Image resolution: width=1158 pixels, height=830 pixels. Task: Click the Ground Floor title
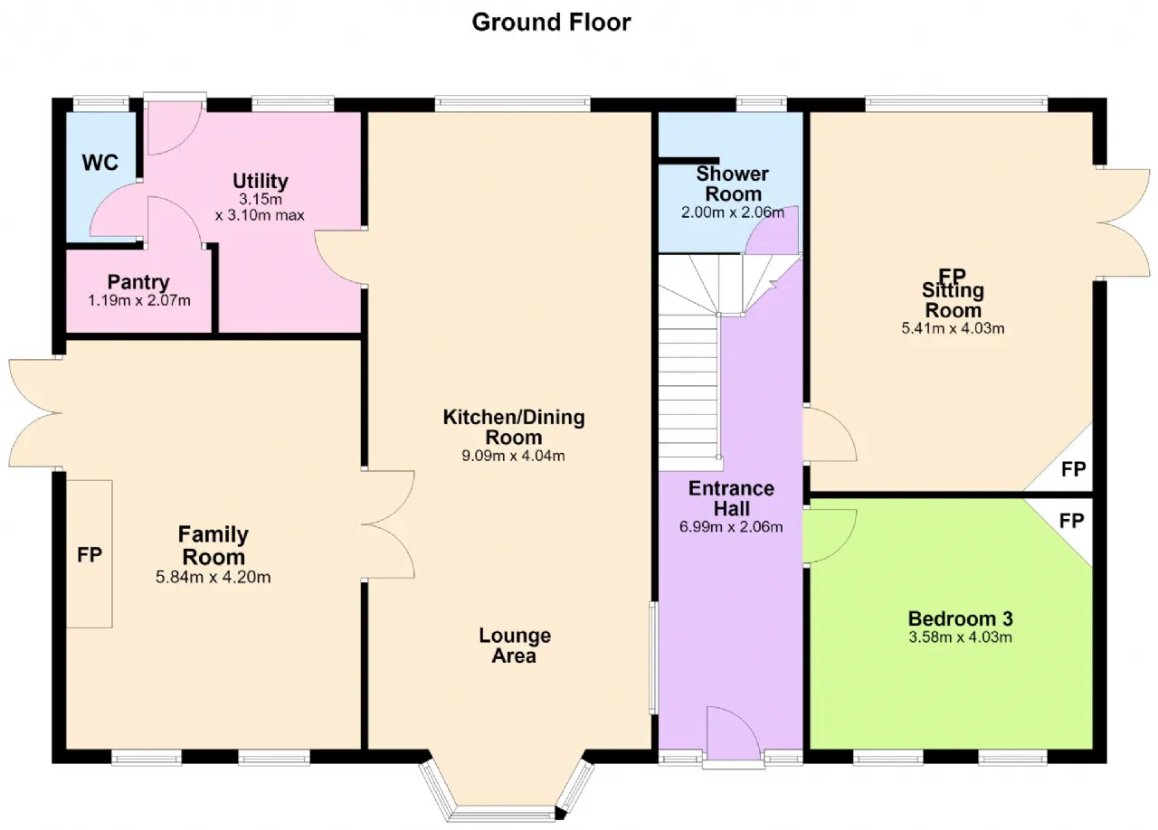[551, 23]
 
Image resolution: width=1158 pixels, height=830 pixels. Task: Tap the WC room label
[100, 163]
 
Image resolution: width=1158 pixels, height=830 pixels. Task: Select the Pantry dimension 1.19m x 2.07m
[139, 300]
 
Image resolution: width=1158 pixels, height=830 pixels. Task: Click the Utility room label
[260, 181]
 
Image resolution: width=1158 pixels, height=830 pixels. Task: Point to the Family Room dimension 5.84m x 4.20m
[213, 577]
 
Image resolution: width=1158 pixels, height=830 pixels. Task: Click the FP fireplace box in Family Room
[90, 554]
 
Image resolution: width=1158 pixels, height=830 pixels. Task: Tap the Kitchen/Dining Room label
[514, 427]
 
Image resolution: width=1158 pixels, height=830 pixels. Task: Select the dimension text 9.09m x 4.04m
[513, 456]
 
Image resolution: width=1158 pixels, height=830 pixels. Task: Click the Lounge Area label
[515, 646]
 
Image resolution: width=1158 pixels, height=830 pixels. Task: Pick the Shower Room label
[733, 184]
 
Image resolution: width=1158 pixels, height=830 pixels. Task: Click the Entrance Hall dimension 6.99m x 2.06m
[731, 526]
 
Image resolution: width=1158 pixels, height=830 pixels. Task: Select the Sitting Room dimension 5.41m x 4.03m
[953, 328]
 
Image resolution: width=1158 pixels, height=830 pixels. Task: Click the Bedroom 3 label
[961, 618]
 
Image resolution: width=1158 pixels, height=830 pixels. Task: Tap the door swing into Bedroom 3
[830, 535]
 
